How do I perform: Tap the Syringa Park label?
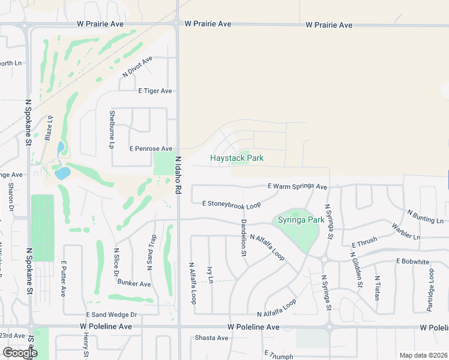(301, 220)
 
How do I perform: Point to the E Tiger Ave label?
(155, 91)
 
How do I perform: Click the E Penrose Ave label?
(151, 148)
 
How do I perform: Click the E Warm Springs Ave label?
(297, 187)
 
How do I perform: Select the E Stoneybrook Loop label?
(231, 205)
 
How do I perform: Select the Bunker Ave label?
(134, 283)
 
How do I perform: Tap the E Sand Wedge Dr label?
(112, 314)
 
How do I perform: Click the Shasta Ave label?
(211, 338)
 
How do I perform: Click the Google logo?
(20, 353)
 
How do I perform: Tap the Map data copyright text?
(423, 355)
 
